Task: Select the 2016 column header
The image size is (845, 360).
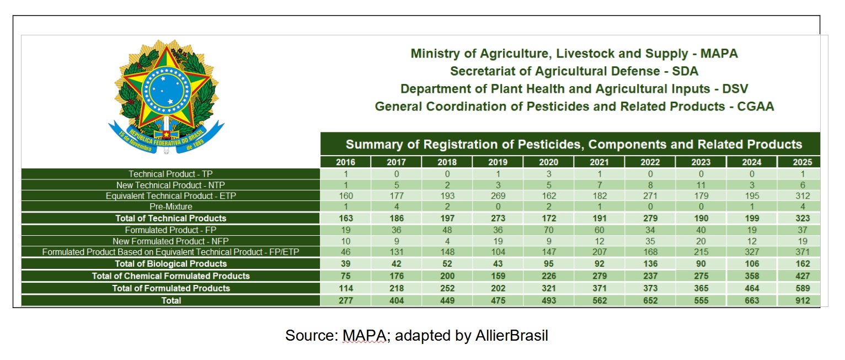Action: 345,162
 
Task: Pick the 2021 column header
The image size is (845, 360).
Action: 599,162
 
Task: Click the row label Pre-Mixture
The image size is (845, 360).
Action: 170,207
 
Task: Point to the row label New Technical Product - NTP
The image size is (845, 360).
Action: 170,185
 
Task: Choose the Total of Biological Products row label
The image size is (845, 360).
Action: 170,263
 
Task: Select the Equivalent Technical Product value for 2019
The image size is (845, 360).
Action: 498,195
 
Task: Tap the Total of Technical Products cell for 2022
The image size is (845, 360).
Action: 650,218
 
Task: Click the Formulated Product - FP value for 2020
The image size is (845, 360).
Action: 548,230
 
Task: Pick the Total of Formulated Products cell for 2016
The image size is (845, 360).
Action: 345,288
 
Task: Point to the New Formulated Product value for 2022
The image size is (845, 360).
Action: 650,241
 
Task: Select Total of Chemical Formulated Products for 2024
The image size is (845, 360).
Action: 751,276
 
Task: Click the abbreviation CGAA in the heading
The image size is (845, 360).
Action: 755,107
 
